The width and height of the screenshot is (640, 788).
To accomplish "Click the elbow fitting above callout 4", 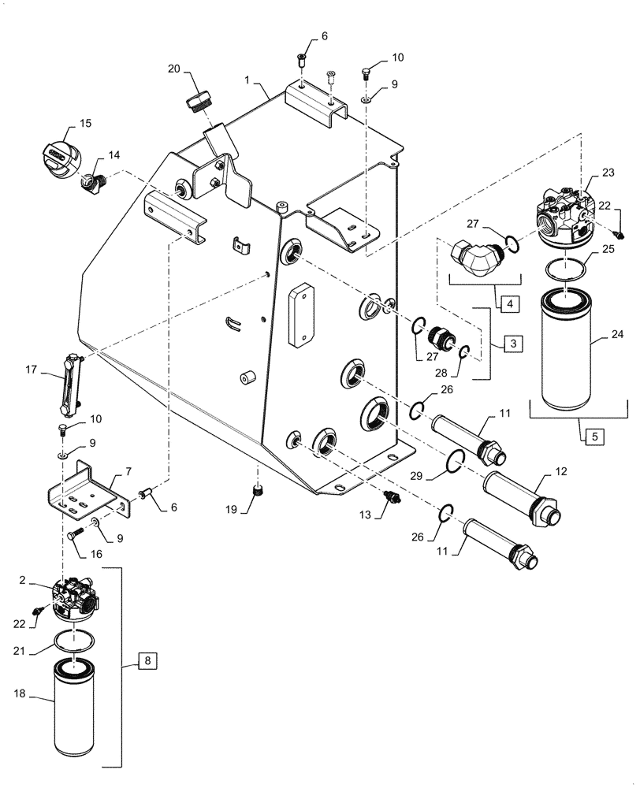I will point(476,255).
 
